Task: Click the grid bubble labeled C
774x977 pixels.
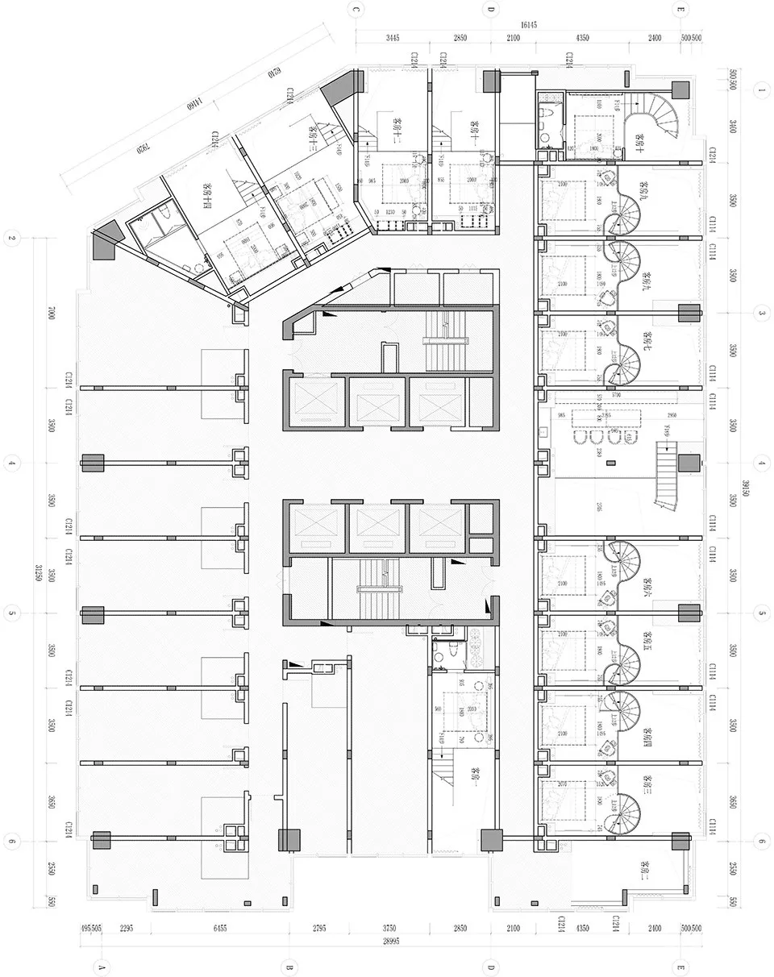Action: point(356,10)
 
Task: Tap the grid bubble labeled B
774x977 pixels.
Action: point(289,966)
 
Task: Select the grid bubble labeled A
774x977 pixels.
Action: point(102,966)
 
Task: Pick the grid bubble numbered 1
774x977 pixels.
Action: point(761,90)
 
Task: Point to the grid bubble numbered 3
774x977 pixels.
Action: point(761,312)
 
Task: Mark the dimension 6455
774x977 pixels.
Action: point(219,929)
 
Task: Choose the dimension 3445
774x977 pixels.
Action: point(393,38)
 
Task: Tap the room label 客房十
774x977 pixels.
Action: point(639,142)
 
